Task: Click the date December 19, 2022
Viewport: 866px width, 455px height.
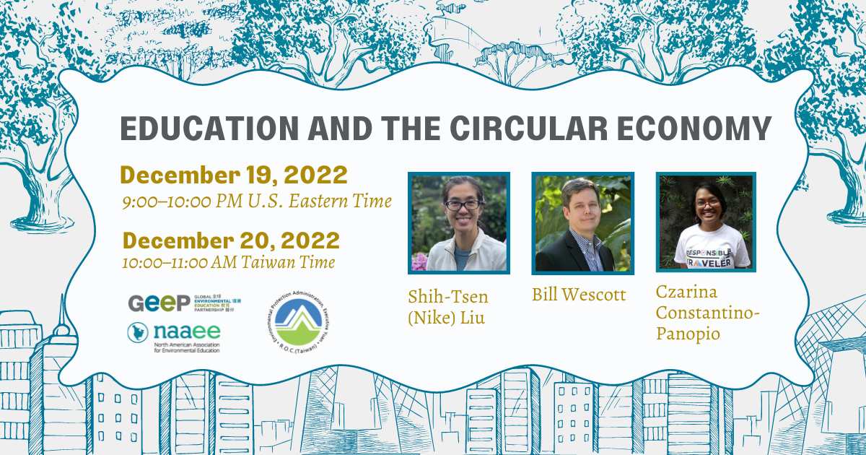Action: click(x=234, y=175)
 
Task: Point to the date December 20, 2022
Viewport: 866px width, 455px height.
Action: click(x=231, y=240)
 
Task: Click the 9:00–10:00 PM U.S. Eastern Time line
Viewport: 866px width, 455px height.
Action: click(x=256, y=201)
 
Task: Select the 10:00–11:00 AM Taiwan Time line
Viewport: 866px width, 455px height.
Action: click(x=228, y=262)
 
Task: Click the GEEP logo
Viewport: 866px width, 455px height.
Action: click(x=159, y=303)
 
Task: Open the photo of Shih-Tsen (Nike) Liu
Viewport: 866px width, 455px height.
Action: click(x=458, y=223)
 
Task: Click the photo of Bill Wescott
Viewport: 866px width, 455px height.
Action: click(x=582, y=223)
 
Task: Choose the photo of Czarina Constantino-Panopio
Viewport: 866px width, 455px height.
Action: click(x=706, y=222)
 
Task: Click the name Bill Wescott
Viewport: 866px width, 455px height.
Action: click(x=578, y=295)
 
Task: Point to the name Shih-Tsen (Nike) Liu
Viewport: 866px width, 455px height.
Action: click(x=447, y=307)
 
